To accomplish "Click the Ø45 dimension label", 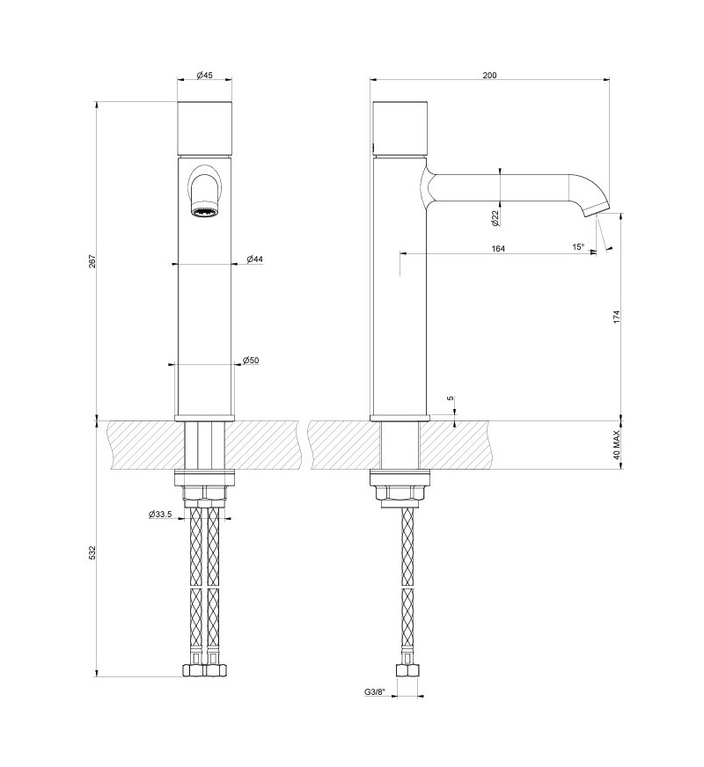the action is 204,75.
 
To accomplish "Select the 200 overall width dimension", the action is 489,75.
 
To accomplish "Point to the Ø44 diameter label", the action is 254,259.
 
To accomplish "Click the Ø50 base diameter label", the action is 251,360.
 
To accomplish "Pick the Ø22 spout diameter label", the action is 495,217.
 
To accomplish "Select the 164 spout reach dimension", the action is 497,249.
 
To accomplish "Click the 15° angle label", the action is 578,247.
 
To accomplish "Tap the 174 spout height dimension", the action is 616,317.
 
